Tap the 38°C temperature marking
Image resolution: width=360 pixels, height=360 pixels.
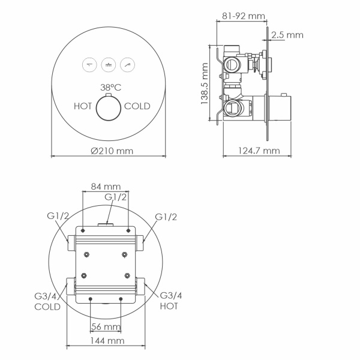coord(112,87)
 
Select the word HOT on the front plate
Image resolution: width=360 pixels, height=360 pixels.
coord(83,106)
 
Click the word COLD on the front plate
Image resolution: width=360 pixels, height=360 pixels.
coord(137,106)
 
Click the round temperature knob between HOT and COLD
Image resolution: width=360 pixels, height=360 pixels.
coord(109,108)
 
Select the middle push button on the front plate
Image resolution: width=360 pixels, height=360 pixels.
coord(109,64)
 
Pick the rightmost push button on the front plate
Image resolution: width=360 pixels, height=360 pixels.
coord(128,64)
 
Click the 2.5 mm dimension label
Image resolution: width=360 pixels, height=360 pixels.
coord(287,35)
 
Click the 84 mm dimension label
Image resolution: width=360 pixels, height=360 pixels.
coord(106,186)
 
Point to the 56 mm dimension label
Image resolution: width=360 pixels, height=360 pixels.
coord(106,326)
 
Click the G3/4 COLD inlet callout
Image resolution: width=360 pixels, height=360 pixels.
coord(47,301)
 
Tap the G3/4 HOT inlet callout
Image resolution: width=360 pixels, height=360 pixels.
coord(170,301)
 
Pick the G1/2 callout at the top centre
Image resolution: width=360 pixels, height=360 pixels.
coord(116,197)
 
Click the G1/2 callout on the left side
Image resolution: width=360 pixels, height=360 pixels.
coord(58,216)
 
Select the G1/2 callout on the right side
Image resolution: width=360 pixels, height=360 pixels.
coord(166,216)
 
